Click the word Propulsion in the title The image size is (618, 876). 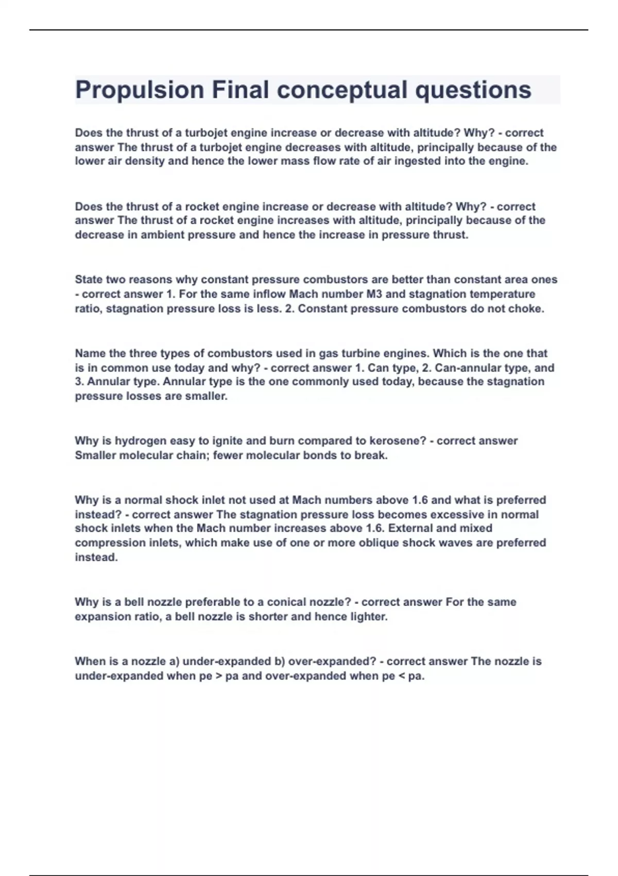(140, 90)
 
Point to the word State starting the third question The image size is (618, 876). (89, 280)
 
